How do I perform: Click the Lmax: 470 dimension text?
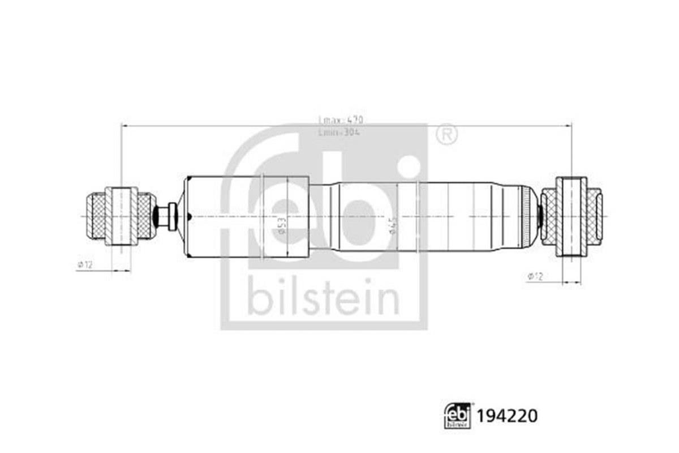tap(340, 120)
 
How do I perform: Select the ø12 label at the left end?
tap(84, 264)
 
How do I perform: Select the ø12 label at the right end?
tap(535, 276)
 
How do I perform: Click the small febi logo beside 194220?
tap(458, 417)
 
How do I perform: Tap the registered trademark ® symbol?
tap(447, 134)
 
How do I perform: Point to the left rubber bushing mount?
tap(121, 216)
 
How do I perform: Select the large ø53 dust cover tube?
tap(249, 217)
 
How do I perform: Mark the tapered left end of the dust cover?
tap(182, 217)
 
